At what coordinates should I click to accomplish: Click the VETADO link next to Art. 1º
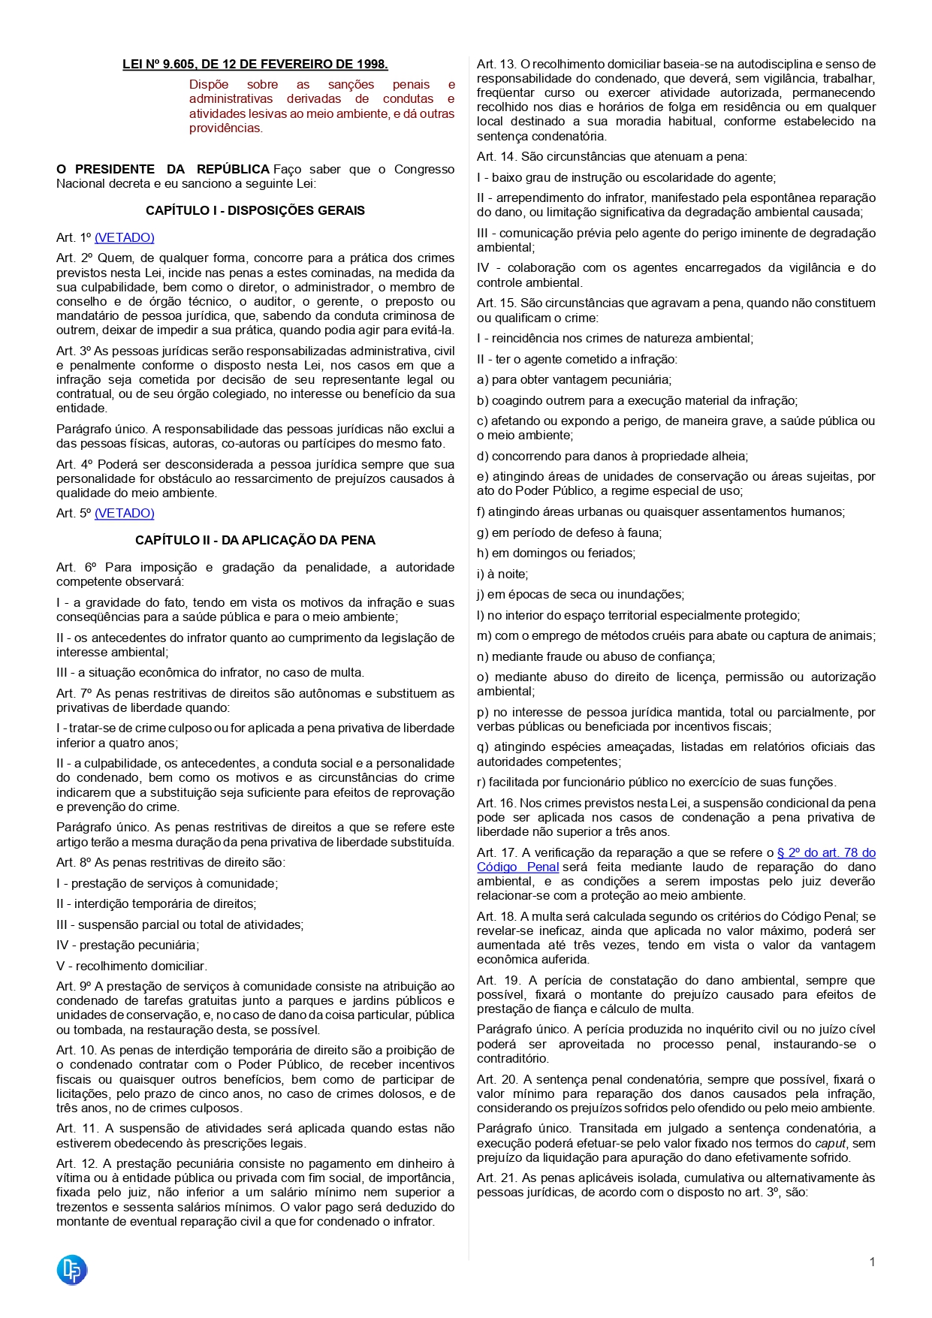[x=125, y=238]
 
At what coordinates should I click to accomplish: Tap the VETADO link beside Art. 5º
[x=125, y=514]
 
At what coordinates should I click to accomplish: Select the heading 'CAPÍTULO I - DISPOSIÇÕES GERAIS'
[x=255, y=211]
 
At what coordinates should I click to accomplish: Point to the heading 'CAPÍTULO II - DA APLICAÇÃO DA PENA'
[x=255, y=541]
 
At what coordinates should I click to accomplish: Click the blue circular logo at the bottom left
[x=72, y=1270]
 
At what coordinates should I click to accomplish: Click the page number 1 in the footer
[x=872, y=1262]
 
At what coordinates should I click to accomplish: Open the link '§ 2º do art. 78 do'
[x=826, y=853]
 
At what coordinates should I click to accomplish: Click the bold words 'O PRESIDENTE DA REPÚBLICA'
[x=163, y=170]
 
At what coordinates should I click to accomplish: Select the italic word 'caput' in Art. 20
[x=831, y=1144]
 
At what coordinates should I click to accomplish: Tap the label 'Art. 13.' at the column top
[x=496, y=65]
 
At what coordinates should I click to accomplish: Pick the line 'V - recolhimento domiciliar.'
[x=131, y=967]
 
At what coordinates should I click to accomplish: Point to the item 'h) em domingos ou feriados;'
[x=556, y=553]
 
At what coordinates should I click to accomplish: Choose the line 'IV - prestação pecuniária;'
[x=128, y=946]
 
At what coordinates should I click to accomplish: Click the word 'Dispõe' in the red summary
[x=209, y=85]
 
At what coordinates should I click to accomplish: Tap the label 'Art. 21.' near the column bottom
[x=496, y=1178]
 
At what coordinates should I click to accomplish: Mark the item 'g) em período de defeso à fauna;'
[x=569, y=533]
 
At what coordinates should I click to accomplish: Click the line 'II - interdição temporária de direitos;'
[x=156, y=904]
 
